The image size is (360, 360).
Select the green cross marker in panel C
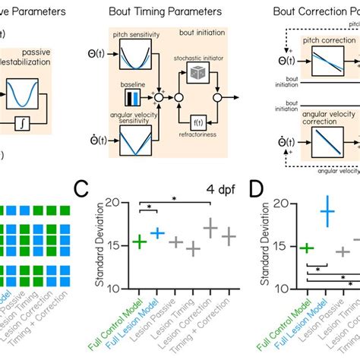[x=139, y=242]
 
